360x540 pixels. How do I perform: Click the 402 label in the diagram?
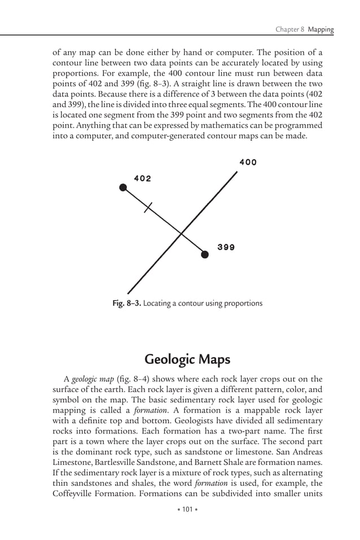click(x=142, y=178)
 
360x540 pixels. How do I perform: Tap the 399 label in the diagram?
click(x=226, y=247)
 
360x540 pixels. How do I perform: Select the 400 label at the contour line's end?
click(x=248, y=163)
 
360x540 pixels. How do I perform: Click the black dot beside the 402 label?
click(x=124, y=188)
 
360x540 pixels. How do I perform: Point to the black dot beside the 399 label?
click(x=205, y=254)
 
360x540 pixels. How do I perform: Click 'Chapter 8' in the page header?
click(x=290, y=29)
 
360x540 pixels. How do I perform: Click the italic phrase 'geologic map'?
click(x=92, y=379)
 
